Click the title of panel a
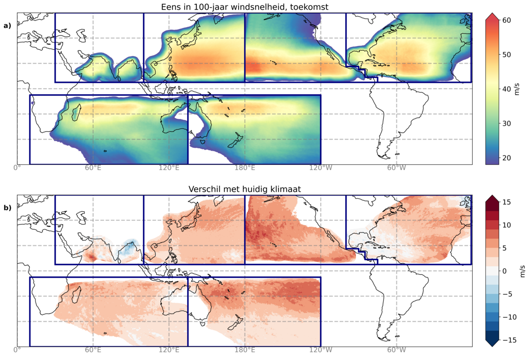click(x=244, y=7)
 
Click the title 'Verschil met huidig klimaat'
click(x=244, y=189)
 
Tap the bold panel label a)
click(x=7, y=26)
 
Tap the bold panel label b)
click(x=7, y=207)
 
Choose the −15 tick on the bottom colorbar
click(x=507, y=340)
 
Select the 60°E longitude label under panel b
click(x=93, y=351)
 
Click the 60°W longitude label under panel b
click(x=396, y=351)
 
